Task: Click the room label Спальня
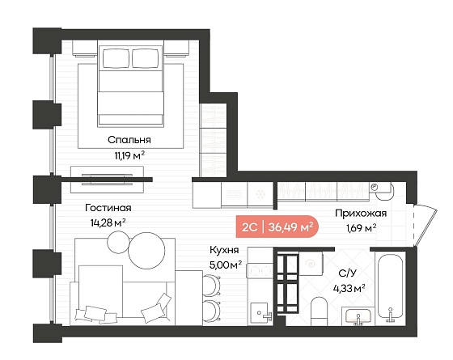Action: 129,140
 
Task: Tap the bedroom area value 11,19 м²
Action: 129,155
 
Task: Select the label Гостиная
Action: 108,207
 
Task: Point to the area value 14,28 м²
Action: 108,222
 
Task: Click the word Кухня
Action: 224,250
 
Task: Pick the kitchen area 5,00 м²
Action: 226,265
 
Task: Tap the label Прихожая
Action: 361,214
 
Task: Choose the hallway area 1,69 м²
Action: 361,228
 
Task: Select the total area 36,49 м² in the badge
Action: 290,227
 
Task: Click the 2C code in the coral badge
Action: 249,227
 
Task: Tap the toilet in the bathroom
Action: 319,311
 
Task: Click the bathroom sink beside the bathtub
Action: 358,317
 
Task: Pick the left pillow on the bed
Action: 116,58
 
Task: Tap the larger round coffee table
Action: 146,251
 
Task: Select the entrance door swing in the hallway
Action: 425,225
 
